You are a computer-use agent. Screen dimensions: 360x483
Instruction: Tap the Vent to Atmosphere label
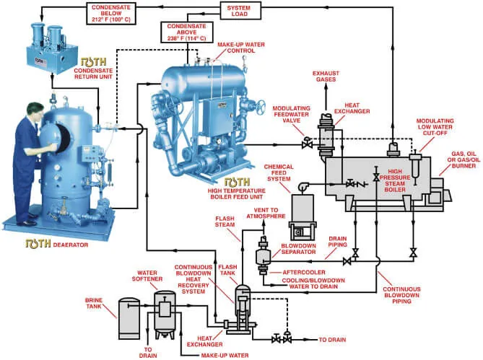point(272,214)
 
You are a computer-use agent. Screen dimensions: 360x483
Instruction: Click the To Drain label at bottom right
point(332,338)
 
